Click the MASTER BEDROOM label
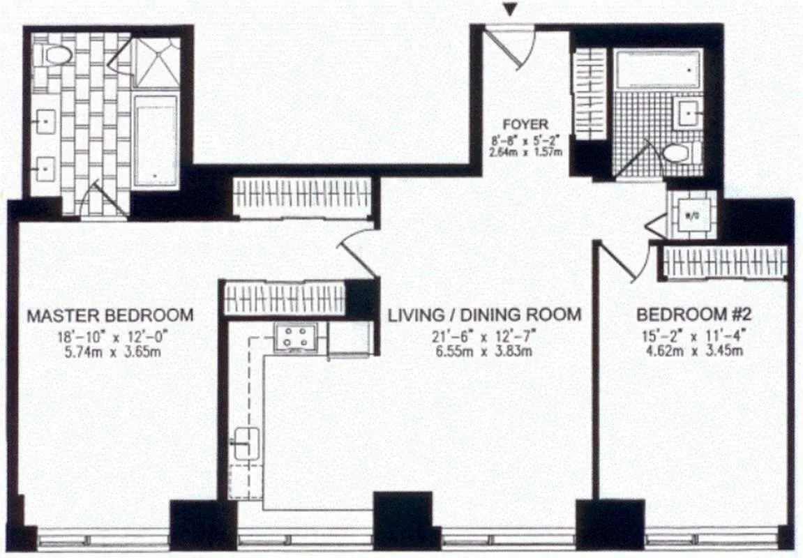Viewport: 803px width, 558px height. pos(110,315)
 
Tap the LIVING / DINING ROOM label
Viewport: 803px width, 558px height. pos(484,315)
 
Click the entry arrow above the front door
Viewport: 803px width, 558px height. pos(511,9)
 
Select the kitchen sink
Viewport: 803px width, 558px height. pos(246,443)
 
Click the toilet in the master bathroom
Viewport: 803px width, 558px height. pos(54,55)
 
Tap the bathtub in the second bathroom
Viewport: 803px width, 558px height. pos(656,69)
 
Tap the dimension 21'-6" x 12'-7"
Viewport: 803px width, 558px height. pos(484,337)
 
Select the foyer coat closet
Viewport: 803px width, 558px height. pos(589,93)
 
